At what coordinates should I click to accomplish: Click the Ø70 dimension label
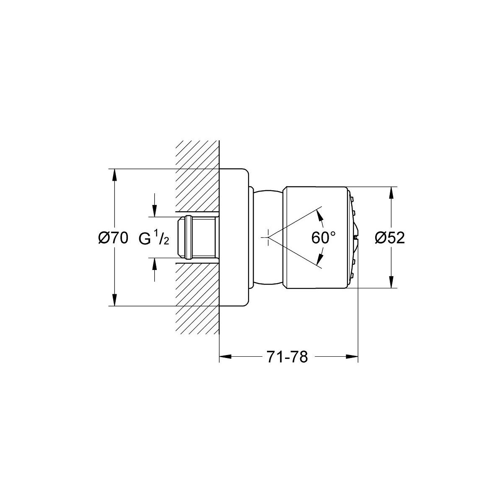pos(113,238)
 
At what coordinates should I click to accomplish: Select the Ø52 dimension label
pos(390,238)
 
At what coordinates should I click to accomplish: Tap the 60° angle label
pos(324,238)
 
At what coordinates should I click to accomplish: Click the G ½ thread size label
pos(154,239)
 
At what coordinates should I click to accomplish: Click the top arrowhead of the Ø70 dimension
pos(114,175)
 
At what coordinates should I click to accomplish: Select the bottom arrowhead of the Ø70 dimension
pos(114,300)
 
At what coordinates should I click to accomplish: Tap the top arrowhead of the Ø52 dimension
pos(391,193)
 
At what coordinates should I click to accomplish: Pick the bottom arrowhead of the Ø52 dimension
pos(391,282)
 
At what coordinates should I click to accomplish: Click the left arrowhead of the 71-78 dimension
pos(225,357)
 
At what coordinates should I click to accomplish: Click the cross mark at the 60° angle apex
pos(268,237)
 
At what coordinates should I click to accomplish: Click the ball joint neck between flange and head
pos(267,237)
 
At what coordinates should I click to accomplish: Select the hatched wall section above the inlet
pos(197,176)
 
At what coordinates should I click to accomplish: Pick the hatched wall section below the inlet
pos(197,298)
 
